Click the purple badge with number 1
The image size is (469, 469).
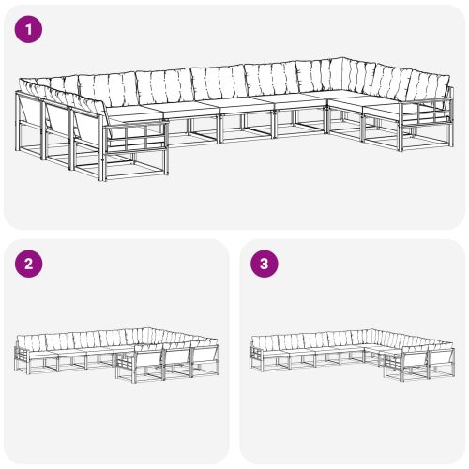(31, 30)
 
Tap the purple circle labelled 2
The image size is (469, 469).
(31, 264)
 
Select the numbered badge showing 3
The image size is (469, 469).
(265, 264)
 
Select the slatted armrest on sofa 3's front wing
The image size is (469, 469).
(390, 367)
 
